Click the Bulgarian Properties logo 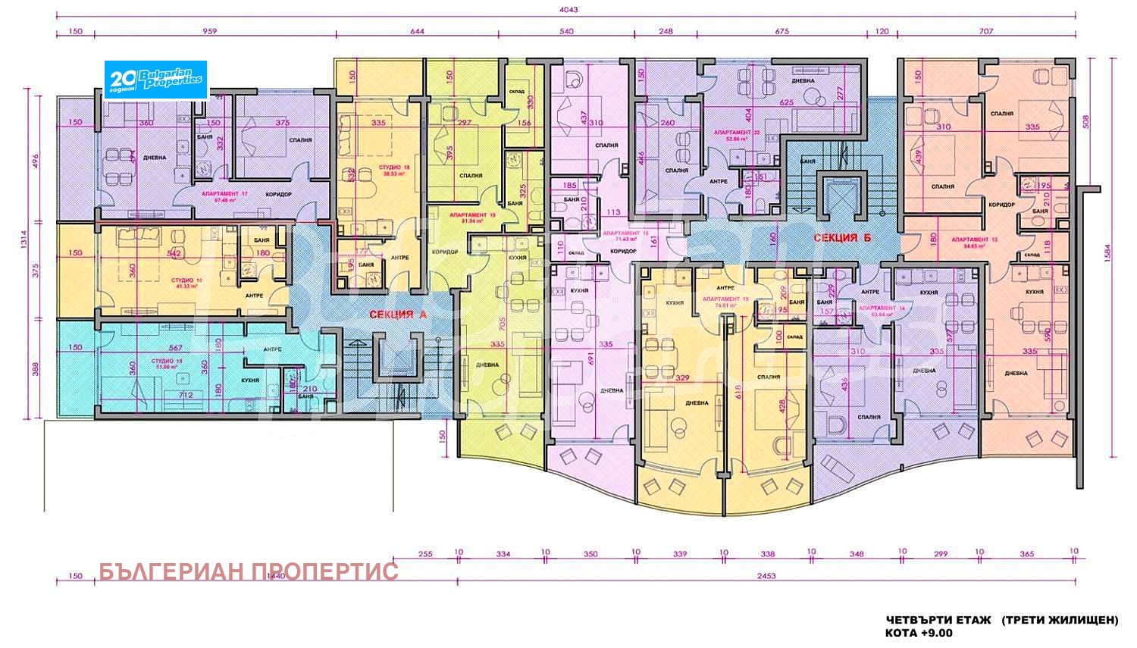tap(155, 80)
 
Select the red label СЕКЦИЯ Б tap(842, 238)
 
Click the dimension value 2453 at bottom tap(766, 576)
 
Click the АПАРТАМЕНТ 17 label tap(224, 194)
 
